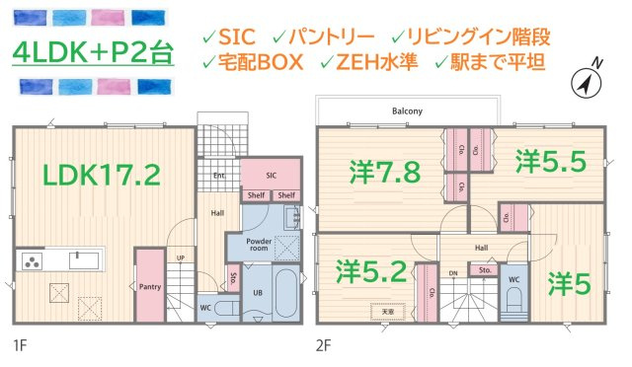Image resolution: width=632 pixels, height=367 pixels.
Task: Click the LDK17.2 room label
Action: tap(101, 176)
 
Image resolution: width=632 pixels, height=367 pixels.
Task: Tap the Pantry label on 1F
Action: tap(150, 287)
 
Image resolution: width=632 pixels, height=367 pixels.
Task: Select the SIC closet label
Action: tap(271, 175)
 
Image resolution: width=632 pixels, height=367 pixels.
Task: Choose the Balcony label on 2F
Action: tap(407, 111)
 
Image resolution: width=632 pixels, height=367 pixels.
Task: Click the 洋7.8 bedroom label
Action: tap(385, 172)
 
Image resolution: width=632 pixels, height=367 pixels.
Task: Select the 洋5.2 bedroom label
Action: tap(371, 269)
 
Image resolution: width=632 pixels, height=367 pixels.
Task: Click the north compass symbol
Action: tap(590, 84)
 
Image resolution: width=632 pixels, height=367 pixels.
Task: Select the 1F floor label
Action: tap(20, 344)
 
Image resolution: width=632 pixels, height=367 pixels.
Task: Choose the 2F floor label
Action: tap(324, 344)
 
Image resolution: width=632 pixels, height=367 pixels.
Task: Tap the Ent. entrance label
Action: tap(219, 176)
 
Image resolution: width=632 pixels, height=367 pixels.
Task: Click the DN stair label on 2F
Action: tap(453, 271)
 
